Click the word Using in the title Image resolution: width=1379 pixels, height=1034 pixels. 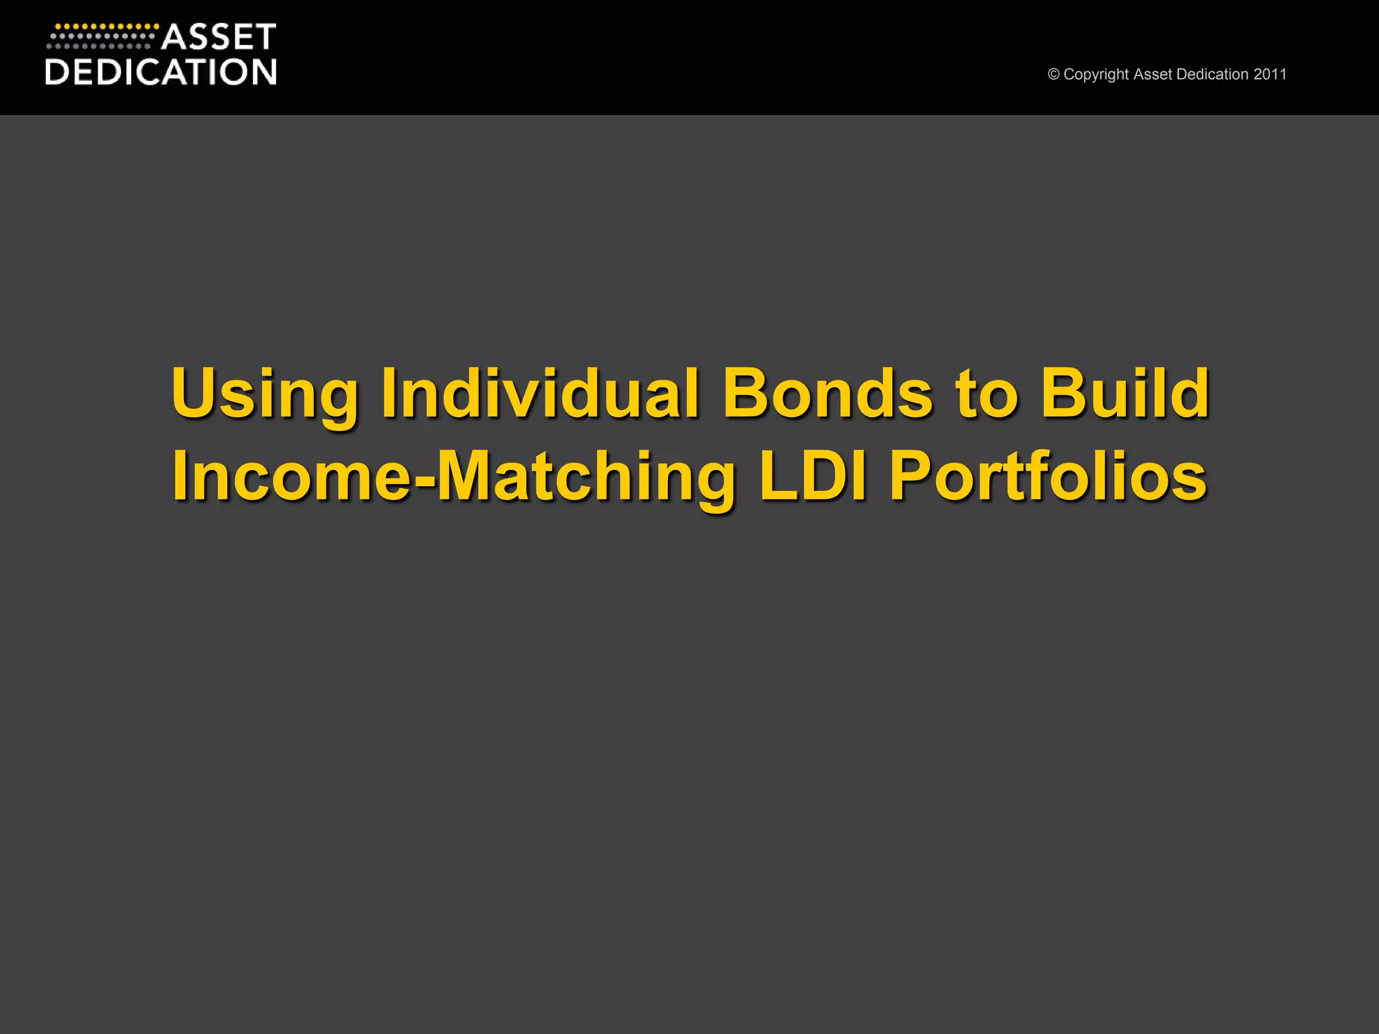pyautogui.click(x=265, y=395)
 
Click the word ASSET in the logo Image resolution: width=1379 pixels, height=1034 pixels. pyautogui.click(x=219, y=38)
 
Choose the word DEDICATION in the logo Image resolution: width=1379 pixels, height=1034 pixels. pyautogui.click(x=161, y=72)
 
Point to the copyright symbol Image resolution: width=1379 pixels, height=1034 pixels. pyautogui.click(x=1054, y=75)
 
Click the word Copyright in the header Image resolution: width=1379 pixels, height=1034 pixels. pyautogui.click(x=1096, y=75)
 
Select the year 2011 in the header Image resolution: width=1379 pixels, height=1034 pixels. pyautogui.click(x=1270, y=74)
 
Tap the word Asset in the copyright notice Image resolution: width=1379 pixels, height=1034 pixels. pyautogui.click(x=1152, y=74)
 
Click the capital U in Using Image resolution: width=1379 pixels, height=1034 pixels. pyautogui.click(x=196, y=392)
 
